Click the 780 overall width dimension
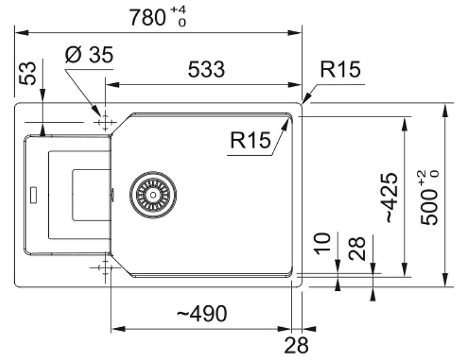pyautogui.click(x=147, y=17)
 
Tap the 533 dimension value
pyautogui.click(x=206, y=70)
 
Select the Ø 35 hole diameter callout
pyautogui.click(x=89, y=55)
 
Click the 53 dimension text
pyautogui.click(x=27, y=74)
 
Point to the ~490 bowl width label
pyautogui.click(x=202, y=314)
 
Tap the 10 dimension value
pyautogui.click(x=322, y=244)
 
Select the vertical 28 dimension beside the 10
pyautogui.click(x=357, y=248)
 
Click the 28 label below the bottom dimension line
pyautogui.click(x=296, y=345)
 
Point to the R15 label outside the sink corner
pyautogui.click(x=340, y=70)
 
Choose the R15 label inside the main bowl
pyautogui.click(x=250, y=140)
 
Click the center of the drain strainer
pyautogui.click(x=153, y=195)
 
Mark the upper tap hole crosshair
pyautogui.click(x=105, y=122)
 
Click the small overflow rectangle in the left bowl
pyautogui.click(x=34, y=195)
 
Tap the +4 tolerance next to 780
pyautogui.click(x=178, y=10)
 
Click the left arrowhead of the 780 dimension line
pyautogui.click(x=21, y=33)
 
